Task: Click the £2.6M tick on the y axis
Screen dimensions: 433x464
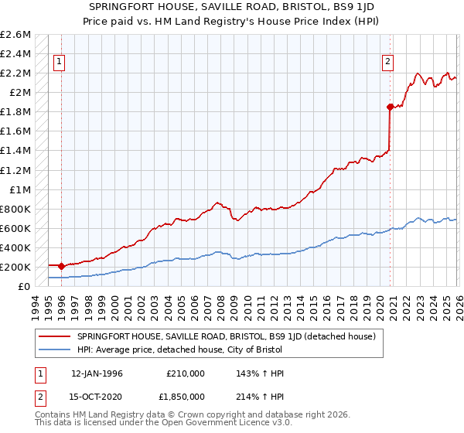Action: point(15,35)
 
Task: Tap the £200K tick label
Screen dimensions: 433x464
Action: point(15,267)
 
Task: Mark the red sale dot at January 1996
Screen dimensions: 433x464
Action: point(61,265)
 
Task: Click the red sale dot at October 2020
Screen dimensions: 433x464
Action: point(390,107)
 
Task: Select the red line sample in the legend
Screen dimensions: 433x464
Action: point(55,336)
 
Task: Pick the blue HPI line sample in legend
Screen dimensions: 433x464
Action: point(55,349)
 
